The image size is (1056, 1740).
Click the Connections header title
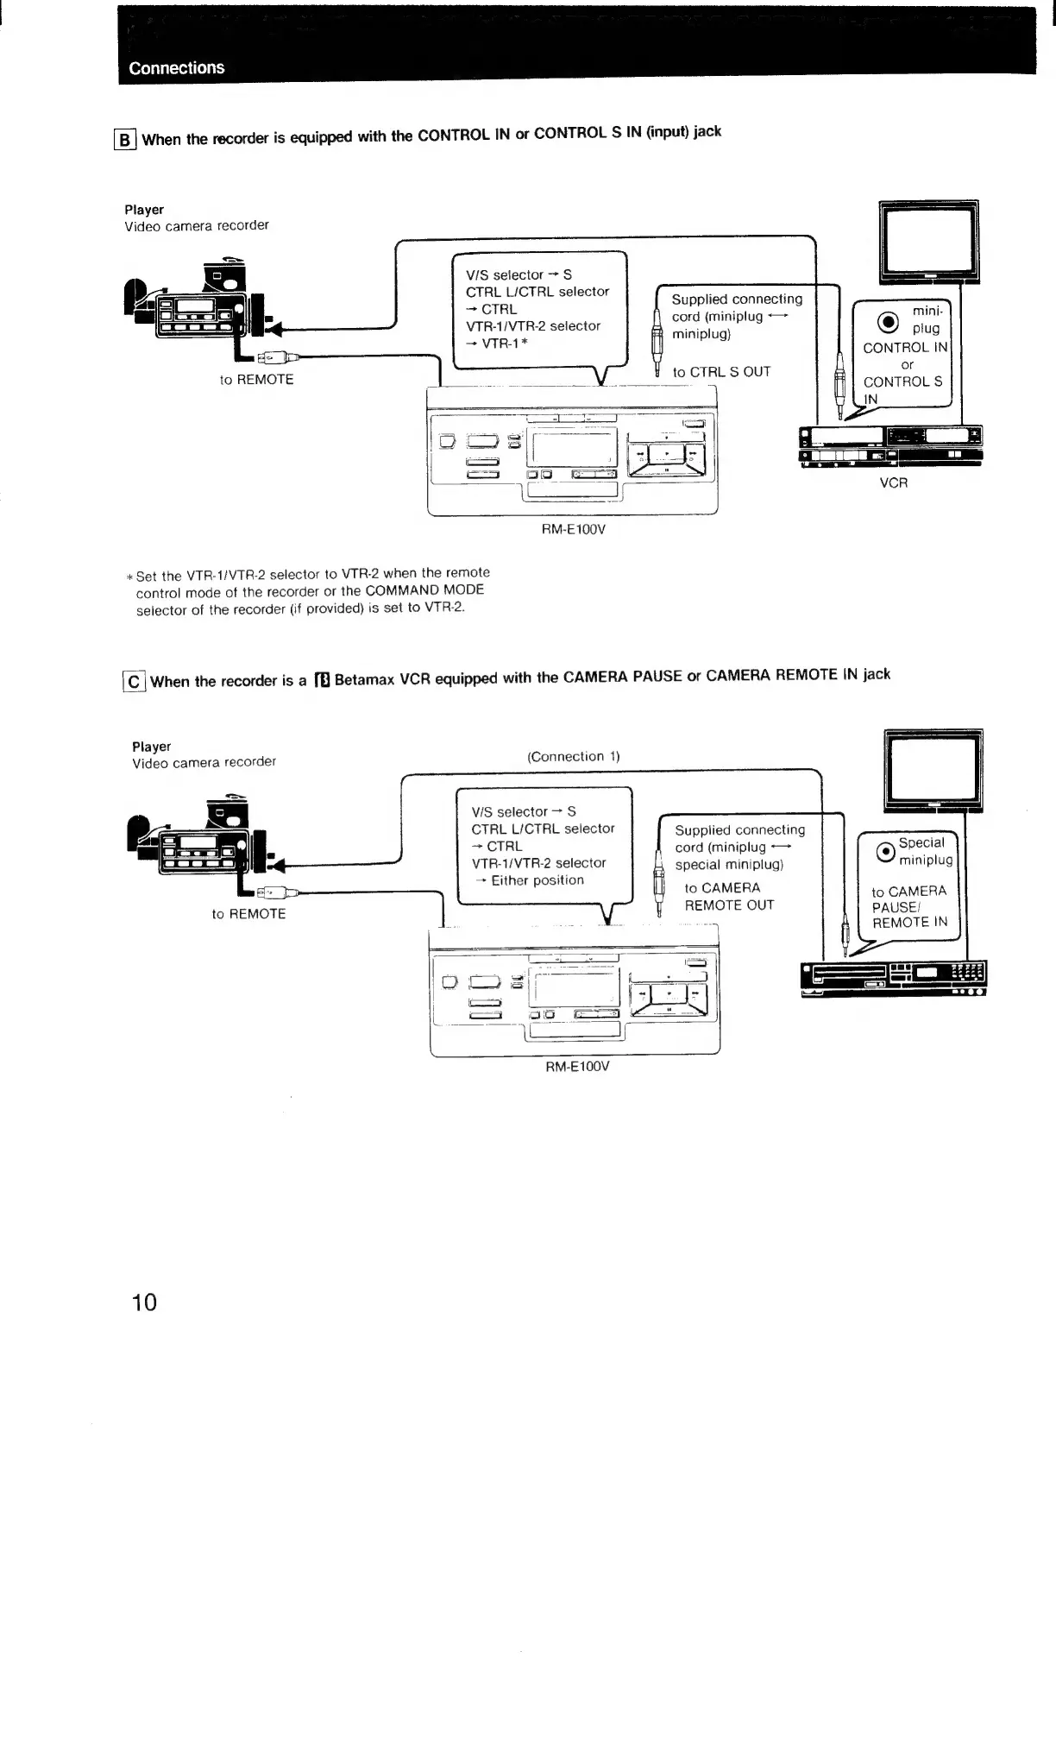(x=177, y=68)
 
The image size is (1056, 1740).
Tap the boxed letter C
(x=134, y=682)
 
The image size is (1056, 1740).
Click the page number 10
(x=144, y=1302)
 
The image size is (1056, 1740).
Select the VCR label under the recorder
(x=893, y=483)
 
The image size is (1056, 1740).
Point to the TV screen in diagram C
(x=933, y=767)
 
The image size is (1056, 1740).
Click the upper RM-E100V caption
(x=573, y=529)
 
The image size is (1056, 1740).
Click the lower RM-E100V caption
(x=577, y=1066)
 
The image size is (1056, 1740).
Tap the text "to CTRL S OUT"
(x=721, y=372)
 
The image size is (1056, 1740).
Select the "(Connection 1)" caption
(x=574, y=757)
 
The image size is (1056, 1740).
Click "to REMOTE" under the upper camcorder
(x=256, y=380)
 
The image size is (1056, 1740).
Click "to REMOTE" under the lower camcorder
(x=248, y=914)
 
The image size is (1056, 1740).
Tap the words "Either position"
(x=537, y=880)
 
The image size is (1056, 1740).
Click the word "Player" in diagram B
(x=144, y=210)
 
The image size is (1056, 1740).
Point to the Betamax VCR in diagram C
(x=893, y=979)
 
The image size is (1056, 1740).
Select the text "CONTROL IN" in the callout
(x=905, y=348)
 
